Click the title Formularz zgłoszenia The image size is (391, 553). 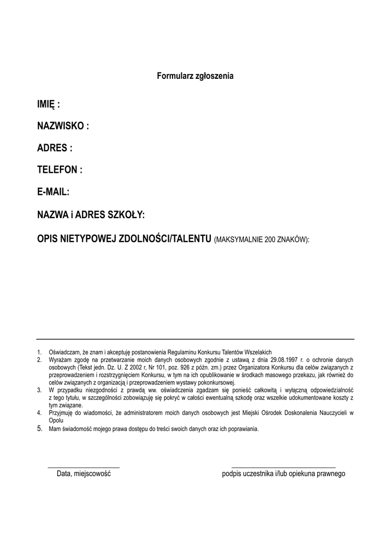(195, 77)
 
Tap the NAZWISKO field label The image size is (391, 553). (63, 126)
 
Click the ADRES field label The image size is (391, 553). (54, 148)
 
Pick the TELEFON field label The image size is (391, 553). (59, 170)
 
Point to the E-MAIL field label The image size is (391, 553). (53, 192)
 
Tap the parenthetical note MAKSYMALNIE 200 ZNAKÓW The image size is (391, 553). (262, 239)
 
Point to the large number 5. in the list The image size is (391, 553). (39, 429)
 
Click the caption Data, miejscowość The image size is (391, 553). (84, 474)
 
